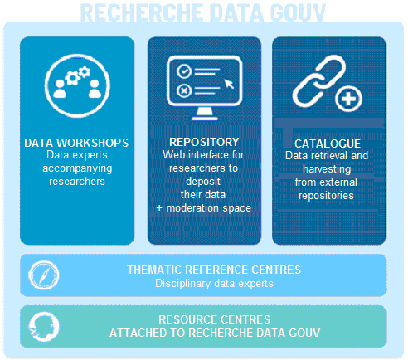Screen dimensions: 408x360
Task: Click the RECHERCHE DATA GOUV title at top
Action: [203, 12]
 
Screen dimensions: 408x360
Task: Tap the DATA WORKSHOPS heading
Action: [76, 143]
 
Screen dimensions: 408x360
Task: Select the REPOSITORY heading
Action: [204, 142]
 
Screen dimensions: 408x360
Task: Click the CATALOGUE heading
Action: [328, 144]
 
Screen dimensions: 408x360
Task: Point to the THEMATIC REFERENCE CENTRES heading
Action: [214, 270]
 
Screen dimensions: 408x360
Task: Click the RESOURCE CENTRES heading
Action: [214, 319]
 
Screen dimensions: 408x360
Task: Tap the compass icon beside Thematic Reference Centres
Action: [44, 275]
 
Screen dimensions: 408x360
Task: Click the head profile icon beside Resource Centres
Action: [44, 327]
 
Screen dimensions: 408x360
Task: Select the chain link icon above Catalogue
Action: [318, 80]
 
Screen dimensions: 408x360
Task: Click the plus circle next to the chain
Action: [348, 99]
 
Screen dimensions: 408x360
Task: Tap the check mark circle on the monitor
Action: [184, 71]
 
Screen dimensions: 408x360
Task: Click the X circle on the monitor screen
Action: [184, 90]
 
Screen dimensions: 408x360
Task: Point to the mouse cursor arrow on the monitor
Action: [229, 84]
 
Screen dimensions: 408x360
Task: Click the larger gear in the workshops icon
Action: [72, 78]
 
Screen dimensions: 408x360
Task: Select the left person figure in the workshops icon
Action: [60, 89]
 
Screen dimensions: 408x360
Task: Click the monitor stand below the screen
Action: [205, 114]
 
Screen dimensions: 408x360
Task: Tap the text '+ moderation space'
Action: [203, 208]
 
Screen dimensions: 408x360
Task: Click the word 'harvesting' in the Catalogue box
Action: [327, 169]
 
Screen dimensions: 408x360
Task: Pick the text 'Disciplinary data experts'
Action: [214, 284]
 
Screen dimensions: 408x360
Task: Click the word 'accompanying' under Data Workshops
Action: [77, 168]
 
